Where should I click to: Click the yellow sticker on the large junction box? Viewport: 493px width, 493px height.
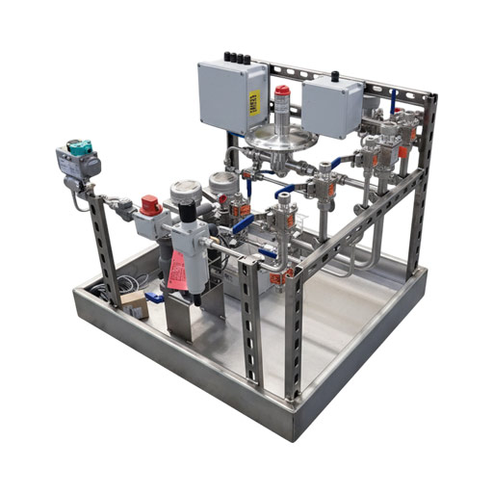[x=254, y=103]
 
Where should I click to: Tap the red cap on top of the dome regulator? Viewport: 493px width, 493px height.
[x=281, y=92]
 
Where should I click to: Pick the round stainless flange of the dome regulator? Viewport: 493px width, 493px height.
[x=280, y=142]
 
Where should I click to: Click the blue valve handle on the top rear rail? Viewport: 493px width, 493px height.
[x=392, y=96]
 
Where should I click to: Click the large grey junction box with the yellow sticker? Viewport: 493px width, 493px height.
[x=231, y=97]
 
